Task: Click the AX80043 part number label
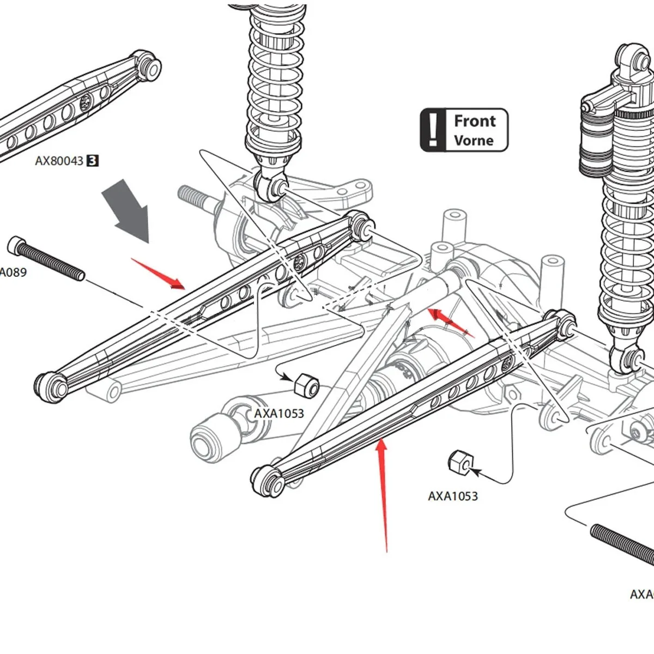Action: (x=59, y=161)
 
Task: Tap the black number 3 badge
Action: (x=93, y=161)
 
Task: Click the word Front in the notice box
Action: (x=475, y=121)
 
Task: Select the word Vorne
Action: (x=473, y=141)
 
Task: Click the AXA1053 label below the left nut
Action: (x=278, y=414)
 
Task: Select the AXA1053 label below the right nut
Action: (x=452, y=496)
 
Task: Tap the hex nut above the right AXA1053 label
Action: (x=459, y=462)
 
